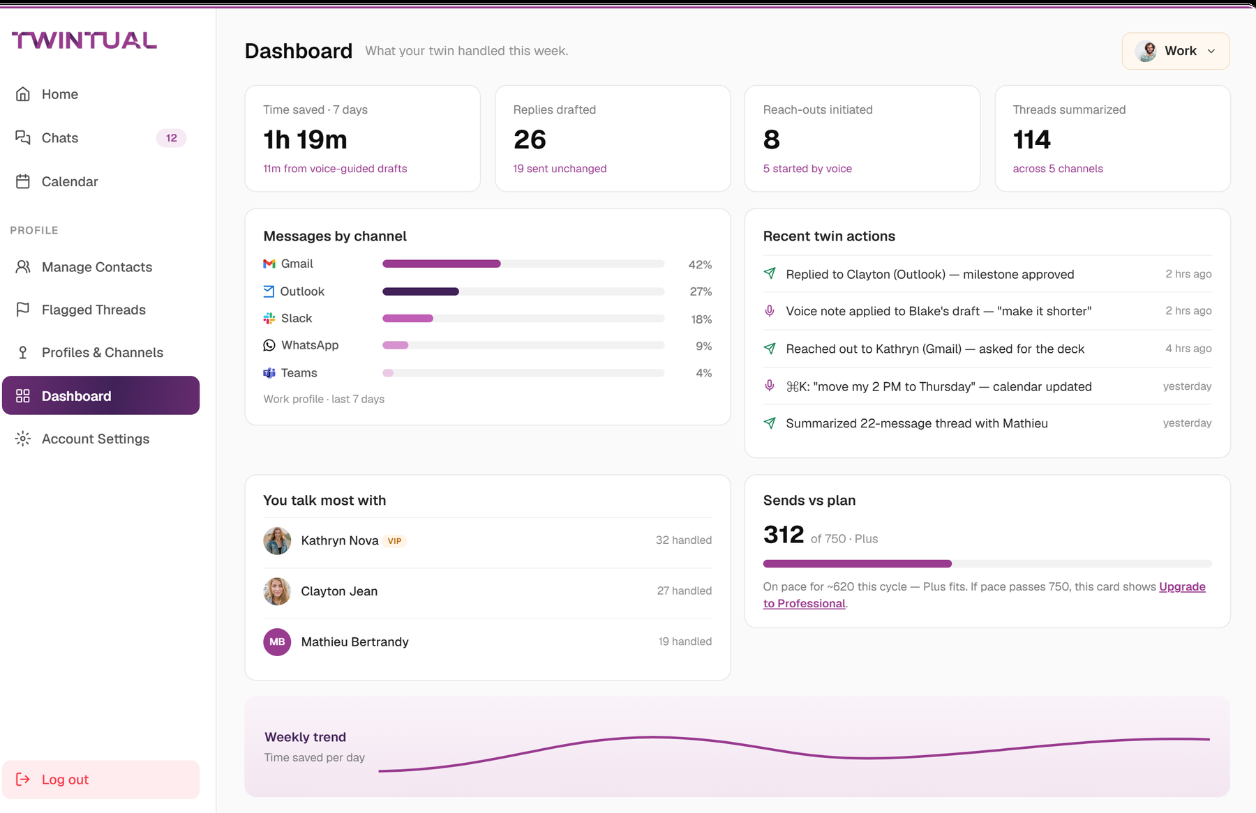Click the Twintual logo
click(x=84, y=40)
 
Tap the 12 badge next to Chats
click(x=172, y=138)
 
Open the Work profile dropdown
click(x=1176, y=51)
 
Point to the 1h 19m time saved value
click(x=305, y=139)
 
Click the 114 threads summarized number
click(x=1032, y=139)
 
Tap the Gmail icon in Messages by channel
click(x=269, y=264)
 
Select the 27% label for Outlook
click(x=701, y=291)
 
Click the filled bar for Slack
click(x=408, y=319)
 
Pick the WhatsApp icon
click(x=269, y=345)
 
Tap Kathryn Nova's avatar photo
click(x=277, y=540)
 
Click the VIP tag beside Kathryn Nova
click(x=395, y=541)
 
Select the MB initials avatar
click(x=277, y=642)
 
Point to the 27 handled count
click(x=685, y=591)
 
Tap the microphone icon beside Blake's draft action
click(x=770, y=311)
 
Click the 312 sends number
click(x=784, y=535)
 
